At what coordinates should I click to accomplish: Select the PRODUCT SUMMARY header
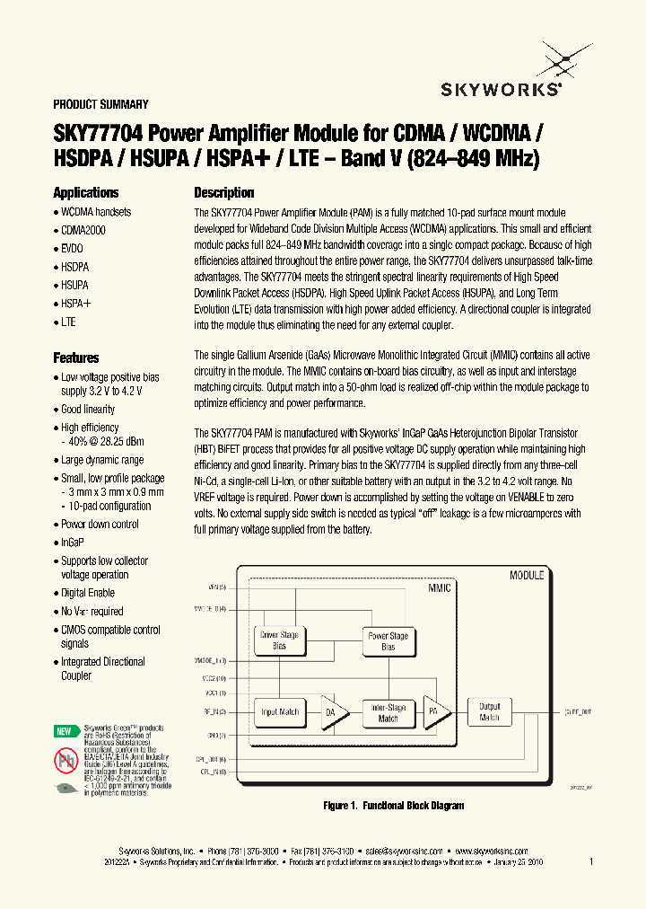(100, 104)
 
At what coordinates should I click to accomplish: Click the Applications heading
(86, 193)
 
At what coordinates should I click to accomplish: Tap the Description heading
(224, 193)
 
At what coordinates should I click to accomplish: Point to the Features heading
(76, 357)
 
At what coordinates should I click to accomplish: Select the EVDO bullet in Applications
(72, 249)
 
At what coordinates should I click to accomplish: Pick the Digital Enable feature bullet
(88, 593)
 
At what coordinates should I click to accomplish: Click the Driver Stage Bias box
(279, 640)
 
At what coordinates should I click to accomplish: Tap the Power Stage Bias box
(388, 640)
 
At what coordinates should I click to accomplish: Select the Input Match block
(279, 712)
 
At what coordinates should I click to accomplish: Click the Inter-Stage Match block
(388, 713)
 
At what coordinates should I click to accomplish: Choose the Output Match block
(489, 712)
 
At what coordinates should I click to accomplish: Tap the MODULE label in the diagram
(527, 575)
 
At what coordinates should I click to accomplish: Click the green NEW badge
(65, 731)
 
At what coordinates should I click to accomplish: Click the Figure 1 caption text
(394, 806)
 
